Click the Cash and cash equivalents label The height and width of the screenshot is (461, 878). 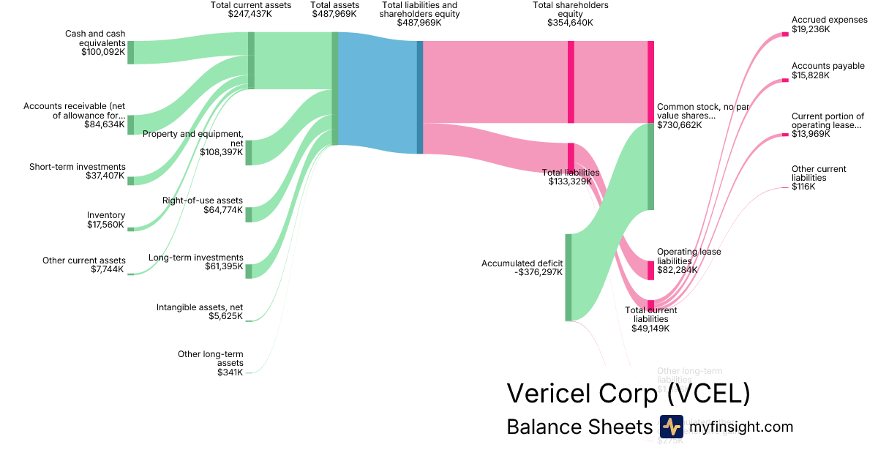[x=94, y=42]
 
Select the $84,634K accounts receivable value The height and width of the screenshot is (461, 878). [x=104, y=124]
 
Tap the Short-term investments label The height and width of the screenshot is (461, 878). [x=78, y=167]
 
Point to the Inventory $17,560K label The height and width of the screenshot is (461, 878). [x=106, y=220]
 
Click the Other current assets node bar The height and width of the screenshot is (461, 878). [x=131, y=274]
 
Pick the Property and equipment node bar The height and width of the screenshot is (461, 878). [x=249, y=152]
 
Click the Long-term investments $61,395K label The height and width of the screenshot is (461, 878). [x=195, y=262]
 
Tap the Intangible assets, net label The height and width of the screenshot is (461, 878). [x=200, y=312]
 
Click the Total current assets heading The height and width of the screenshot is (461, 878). [x=250, y=9]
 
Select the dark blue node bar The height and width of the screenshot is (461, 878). [x=420, y=97]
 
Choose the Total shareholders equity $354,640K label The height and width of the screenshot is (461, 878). [x=570, y=14]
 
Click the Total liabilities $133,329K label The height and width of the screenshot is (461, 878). [x=571, y=176]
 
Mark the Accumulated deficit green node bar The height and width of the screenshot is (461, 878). [x=568, y=277]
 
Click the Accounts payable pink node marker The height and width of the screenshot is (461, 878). [x=784, y=80]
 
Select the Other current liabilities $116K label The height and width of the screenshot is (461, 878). [x=819, y=178]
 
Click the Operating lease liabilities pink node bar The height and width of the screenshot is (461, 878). [x=650, y=270]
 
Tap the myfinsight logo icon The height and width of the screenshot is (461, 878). [x=671, y=427]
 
